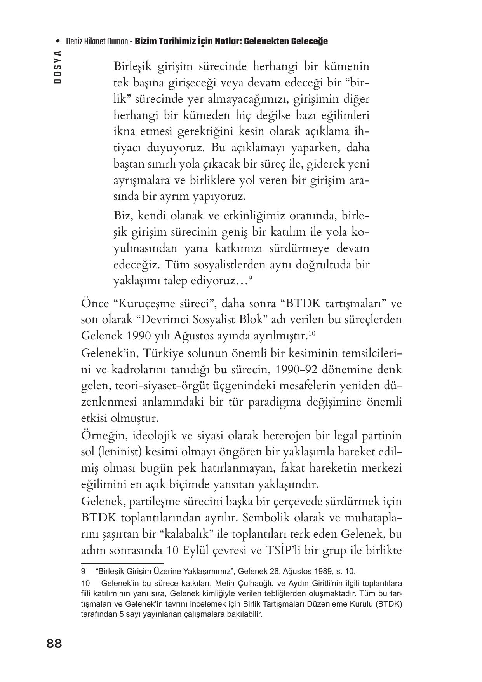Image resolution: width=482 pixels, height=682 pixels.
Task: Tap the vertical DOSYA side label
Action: click(58, 66)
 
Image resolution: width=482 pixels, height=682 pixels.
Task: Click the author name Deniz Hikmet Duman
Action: click(97, 41)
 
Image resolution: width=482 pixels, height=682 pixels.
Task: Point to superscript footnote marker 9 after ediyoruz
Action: click(251, 278)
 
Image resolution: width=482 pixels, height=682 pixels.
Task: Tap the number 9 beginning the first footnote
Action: click(83, 572)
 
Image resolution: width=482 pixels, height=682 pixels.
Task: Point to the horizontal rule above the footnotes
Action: click(122, 563)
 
